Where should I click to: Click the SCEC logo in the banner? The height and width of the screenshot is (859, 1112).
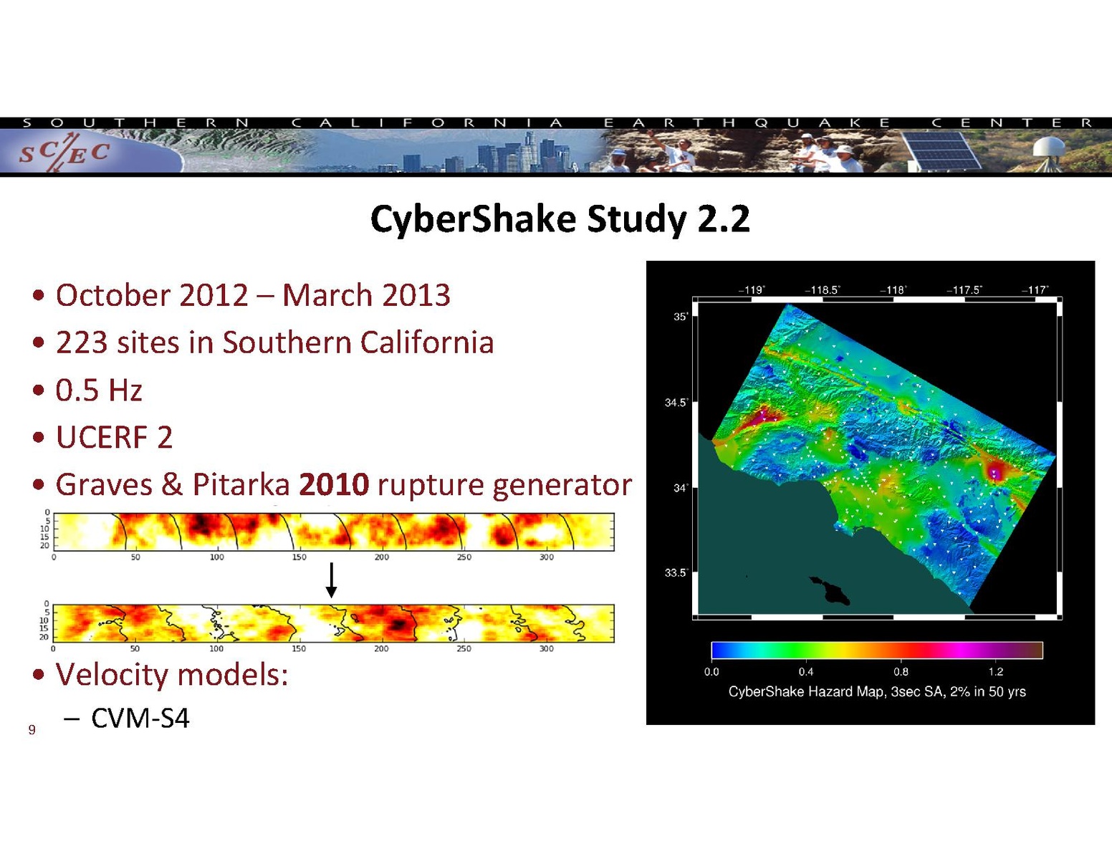point(64,151)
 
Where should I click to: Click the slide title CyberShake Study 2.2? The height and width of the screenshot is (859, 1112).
point(560,219)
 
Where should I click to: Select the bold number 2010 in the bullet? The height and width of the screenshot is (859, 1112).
point(334,484)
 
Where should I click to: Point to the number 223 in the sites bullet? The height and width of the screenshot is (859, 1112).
point(82,342)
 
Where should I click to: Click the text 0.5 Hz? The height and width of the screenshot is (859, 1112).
point(98,390)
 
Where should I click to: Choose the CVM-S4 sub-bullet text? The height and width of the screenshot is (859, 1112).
point(140,719)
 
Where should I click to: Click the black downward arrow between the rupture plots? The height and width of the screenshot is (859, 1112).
point(332,580)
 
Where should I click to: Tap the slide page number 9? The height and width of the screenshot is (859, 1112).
point(32,729)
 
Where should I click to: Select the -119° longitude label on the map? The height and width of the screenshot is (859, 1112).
point(751,290)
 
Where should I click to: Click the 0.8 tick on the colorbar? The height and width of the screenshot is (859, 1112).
point(901,671)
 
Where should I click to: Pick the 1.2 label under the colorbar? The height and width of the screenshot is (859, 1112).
point(996,671)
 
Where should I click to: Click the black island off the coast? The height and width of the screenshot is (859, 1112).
point(830,590)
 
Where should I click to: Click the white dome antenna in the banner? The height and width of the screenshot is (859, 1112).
point(1048,148)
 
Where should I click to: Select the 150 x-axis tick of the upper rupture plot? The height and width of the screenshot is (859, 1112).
point(299,557)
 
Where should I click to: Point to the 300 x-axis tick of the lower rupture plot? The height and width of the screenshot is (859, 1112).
point(546,648)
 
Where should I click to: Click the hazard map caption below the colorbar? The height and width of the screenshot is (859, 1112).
point(877,691)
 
